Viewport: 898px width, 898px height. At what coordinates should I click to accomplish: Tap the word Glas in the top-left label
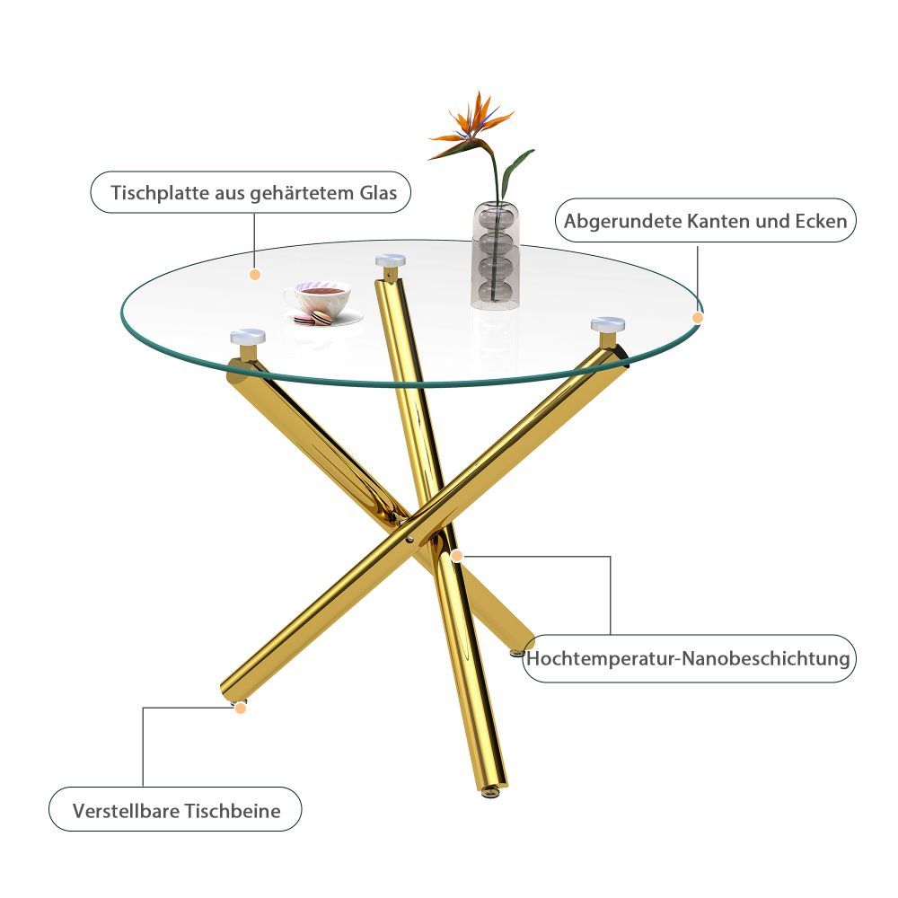pos(378,193)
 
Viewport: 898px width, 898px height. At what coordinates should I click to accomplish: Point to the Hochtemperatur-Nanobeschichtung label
pos(689,658)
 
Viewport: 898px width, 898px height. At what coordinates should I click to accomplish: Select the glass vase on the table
pos(496,255)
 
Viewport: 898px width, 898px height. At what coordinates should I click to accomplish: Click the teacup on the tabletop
pos(317,298)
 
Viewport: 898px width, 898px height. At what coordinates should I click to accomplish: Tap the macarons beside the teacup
pos(313,319)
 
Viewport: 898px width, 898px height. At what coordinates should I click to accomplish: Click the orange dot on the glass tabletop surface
pos(255,274)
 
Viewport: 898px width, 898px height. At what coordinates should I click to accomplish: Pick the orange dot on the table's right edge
pos(698,317)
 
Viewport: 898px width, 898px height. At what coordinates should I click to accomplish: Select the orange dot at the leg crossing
pos(456,555)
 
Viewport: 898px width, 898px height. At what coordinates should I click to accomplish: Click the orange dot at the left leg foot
pos(241,708)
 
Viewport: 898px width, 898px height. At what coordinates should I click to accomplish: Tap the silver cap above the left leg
pos(248,336)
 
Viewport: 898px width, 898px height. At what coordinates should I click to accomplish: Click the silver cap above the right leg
pos(608,325)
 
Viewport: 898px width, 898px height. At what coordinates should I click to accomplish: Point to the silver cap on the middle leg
pos(391,260)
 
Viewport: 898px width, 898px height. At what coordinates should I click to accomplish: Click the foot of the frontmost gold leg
pos(489,792)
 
